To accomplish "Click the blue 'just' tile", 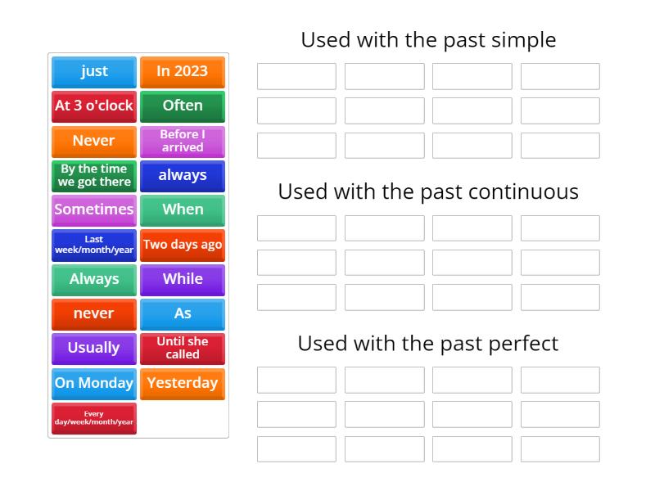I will (94, 71).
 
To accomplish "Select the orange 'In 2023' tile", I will (182, 71).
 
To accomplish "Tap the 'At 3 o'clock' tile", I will (94, 106).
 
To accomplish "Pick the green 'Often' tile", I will (182, 106).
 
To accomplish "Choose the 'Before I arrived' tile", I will (182, 141).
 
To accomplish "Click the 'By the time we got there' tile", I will (94, 175).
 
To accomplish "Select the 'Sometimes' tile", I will (94, 209).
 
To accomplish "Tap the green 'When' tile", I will (182, 209).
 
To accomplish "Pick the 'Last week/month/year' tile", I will (94, 245).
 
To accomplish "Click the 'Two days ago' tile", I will (182, 245).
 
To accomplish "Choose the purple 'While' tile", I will (182, 279).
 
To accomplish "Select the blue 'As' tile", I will (182, 313).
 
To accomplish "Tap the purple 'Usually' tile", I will (94, 348).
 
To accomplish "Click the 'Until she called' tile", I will (182, 348).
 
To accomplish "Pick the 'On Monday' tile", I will (94, 383).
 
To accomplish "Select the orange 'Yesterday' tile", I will (182, 383).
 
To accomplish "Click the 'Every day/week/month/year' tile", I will (94, 418).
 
